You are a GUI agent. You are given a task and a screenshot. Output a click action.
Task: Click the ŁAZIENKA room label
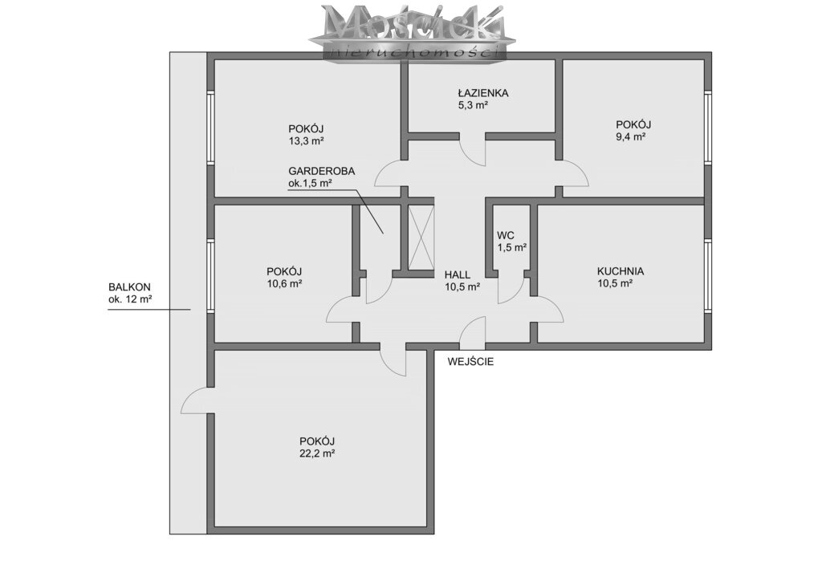(x=479, y=92)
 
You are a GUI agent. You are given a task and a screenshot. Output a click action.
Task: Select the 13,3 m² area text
(x=305, y=141)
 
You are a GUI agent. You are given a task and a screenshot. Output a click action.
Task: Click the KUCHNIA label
(x=620, y=271)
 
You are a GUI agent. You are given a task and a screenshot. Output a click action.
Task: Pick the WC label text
(x=505, y=234)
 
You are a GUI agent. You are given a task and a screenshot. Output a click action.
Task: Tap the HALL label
(x=458, y=274)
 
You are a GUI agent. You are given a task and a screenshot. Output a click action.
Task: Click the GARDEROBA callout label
(x=321, y=171)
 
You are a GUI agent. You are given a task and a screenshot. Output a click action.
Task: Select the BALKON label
(x=129, y=287)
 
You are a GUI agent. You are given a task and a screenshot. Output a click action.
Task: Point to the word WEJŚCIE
(x=471, y=361)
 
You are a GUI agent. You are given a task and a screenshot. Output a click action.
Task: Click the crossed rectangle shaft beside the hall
(x=421, y=238)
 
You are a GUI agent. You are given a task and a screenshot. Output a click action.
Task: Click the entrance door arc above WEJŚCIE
(x=473, y=332)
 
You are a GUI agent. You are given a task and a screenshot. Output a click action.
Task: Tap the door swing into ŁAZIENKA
(x=472, y=151)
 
